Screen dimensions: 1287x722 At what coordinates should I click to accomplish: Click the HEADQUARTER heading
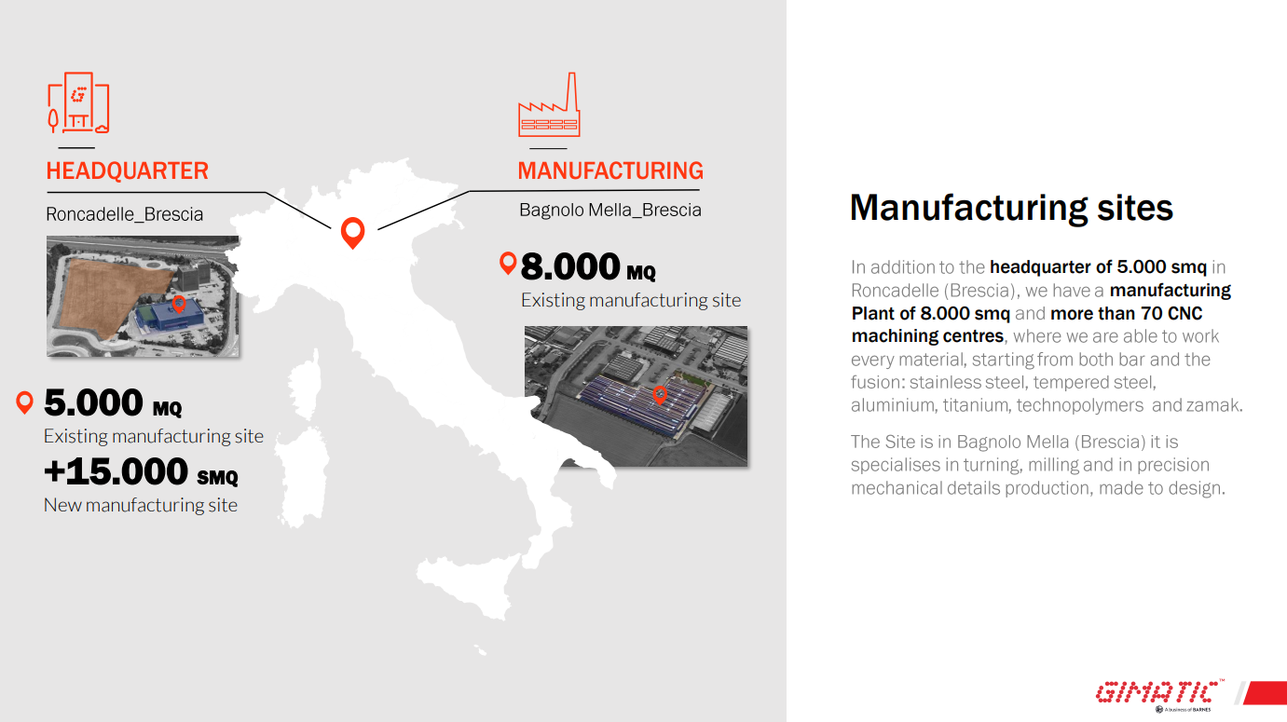pyautogui.click(x=127, y=171)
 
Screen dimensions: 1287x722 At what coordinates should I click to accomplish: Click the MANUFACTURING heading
pyautogui.click(x=610, y=171)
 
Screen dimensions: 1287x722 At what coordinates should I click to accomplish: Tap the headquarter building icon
pyautogui.click(x=78, y=102)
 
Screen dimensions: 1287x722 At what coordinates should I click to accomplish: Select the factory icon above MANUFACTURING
pyautogui.click(x=549, y=104)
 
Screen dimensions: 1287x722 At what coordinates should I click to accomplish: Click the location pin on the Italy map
pyautogui.click(x=353, y=232)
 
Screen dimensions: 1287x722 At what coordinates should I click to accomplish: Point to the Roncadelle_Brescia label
pyautogui.click(x=125, y=214)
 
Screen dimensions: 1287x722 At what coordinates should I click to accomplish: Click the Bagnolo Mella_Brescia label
pyautogui.click(x=610, y=211)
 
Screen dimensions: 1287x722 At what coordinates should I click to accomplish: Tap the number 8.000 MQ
pyautogui.click(x=588, y=267)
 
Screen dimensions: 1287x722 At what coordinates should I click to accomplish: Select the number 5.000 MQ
pyautogui.click(x=113, y=402)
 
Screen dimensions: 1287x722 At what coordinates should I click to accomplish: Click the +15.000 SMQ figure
pyautogui.click(x=141, y=471)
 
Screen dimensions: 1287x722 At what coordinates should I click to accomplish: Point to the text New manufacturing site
pyautogui.click(x=141, y=506)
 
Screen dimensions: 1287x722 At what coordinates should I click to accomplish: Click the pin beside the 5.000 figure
pyautogui.click(x=25, y=402)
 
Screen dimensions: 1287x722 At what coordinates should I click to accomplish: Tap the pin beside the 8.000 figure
pyautogui.click(x=508, y=263)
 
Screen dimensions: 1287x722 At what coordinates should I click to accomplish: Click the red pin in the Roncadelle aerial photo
pyautogui.click(x=179, y=304)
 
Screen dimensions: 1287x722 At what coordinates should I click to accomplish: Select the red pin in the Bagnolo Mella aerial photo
pyautogui.click(x=660, y=395)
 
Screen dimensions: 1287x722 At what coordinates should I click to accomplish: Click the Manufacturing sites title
pyautogui.click(x=1011, y=208)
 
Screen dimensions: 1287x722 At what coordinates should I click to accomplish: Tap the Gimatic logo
pyautogui.click(x=1160, y=692)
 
